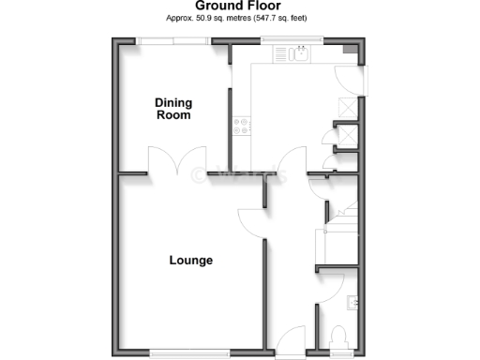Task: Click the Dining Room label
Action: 172,109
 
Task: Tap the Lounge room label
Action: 190,261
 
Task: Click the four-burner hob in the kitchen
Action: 241,123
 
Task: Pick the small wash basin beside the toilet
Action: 352,302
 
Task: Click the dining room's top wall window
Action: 173,40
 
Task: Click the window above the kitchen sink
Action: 294,41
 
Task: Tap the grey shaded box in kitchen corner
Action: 350,51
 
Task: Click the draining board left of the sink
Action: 283,55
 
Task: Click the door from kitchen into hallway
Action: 294,161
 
